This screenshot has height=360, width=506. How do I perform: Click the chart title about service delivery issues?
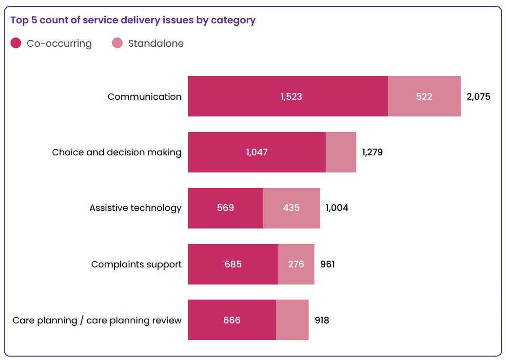(133, 20)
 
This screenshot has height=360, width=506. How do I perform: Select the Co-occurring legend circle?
(16, 43)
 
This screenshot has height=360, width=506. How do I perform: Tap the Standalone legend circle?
(117, 43)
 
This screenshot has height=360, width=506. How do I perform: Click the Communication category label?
(144, 96)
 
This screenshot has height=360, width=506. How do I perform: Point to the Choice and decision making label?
(117, 152)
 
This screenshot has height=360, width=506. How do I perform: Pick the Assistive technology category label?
(135, 208)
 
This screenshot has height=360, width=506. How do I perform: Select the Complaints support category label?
(136, 264)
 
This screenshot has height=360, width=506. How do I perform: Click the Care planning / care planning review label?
(97, 320)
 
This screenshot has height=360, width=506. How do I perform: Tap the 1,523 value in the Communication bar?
(291, 96)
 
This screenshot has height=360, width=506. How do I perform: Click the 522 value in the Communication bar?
(424, 96)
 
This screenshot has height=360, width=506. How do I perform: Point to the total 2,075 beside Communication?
(478, 96)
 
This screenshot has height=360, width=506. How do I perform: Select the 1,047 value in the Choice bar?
(257, 152)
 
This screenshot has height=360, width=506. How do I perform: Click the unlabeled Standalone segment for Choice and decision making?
(341, 152)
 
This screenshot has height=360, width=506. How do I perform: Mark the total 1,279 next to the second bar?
(372, 152)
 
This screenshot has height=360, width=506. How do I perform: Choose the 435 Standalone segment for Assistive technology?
(292, 208)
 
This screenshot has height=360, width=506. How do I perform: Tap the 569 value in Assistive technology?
(225, 208)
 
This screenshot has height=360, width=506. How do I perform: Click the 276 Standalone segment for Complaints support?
(296, 264)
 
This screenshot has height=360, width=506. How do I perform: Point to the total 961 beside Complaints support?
(327, 264)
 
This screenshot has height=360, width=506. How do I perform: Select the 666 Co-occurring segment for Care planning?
(232, 320)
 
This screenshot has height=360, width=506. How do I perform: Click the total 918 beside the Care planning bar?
(322, 320)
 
